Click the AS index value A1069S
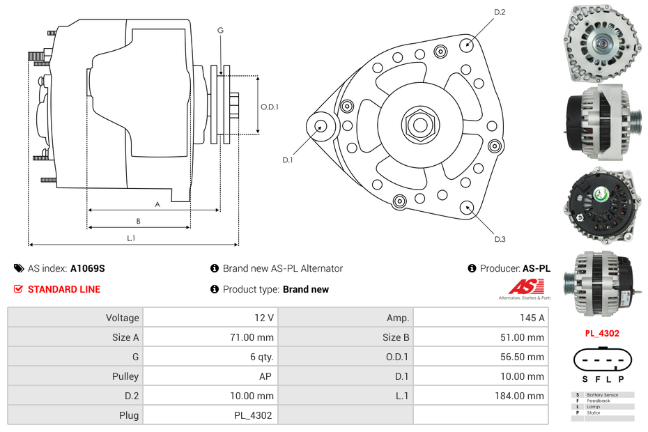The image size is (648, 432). [x=88, y=268]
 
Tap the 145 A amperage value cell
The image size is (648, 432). [x=532, y=318]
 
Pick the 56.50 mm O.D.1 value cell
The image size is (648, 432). [x=527, y=357]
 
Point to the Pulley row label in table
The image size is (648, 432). [x=126, y=376]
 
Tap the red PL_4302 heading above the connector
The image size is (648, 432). [x=602, y=333]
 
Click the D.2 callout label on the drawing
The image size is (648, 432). [x=500, y=12]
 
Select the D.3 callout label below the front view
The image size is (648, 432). [x=500, y=240]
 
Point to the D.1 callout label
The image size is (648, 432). [x=287, y=160]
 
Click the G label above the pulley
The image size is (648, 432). [x=220, y=30]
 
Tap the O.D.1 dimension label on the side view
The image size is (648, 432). [x=270, y=107]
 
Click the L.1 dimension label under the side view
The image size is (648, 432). [x=130, y=238]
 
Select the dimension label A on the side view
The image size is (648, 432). [x=157, y=204]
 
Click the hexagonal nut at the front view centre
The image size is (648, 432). [x=419, y=125]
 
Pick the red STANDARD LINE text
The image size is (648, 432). [x=64, y=289]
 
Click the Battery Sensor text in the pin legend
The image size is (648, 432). [x=602, y=395]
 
